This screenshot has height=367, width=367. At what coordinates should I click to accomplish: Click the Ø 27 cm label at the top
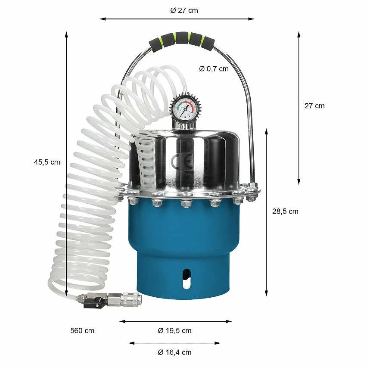click(184, 10)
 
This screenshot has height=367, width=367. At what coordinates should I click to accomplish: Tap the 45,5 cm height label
click(47, 162)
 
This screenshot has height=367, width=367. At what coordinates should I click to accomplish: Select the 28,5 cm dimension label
click(285, 211)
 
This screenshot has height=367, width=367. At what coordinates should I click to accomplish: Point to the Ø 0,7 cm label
click(214, 68)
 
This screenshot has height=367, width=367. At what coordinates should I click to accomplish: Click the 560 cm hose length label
click(82, 330)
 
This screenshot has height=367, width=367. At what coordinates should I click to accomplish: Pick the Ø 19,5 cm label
click(174, 330)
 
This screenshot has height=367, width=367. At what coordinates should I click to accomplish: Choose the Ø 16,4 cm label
click(174, 352)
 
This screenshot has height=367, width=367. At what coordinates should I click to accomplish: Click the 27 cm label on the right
click(314, 106)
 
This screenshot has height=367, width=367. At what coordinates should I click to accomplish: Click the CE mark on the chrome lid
click(182, 162)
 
